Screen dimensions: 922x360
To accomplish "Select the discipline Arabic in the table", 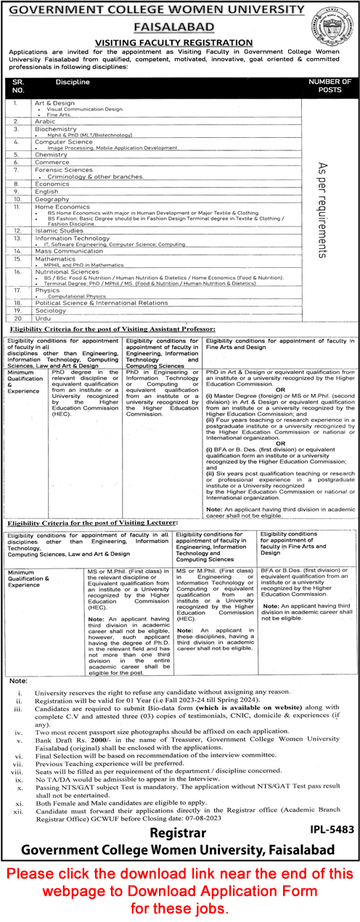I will click(x=43, y=121).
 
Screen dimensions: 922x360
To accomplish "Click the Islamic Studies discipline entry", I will click(x=54, y=231).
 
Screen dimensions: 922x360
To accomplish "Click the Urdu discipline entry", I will click(x=41, y=318).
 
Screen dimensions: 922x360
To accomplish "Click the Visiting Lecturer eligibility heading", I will click(x=92, y=522).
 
